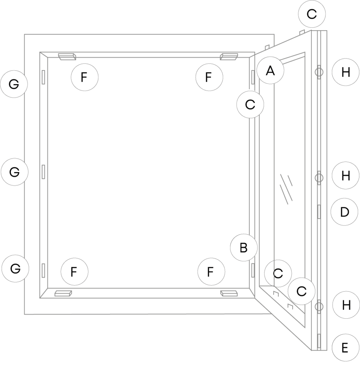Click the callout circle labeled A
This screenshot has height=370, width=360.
click(x=270, y=70)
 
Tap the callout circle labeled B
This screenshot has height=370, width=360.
click(x=244, y=248)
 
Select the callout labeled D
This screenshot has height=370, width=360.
click(x=344, y=212)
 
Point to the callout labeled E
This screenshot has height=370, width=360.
click(x=345, y=348)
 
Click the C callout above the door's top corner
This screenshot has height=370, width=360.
click(x=312, y=14)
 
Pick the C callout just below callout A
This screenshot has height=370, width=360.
click(x=250, y=104)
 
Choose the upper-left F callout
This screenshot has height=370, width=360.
click(x=84, y=77)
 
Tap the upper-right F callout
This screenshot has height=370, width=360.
click(x=209, y=77)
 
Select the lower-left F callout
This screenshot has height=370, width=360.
click(x=74, y=272)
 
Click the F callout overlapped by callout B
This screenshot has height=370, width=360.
click(x=211, y=271)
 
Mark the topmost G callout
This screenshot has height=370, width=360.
click(x=14, y=84)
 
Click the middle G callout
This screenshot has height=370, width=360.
click(x=14, y=172)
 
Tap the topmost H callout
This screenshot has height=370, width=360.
click(x=346, y=72)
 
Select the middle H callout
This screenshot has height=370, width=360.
click(x=346, y=176)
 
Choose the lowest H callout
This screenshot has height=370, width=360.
click(x=346, y=305)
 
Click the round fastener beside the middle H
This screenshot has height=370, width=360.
click(x=319, y=177)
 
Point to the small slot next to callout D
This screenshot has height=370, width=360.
click(x=319, y=212)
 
